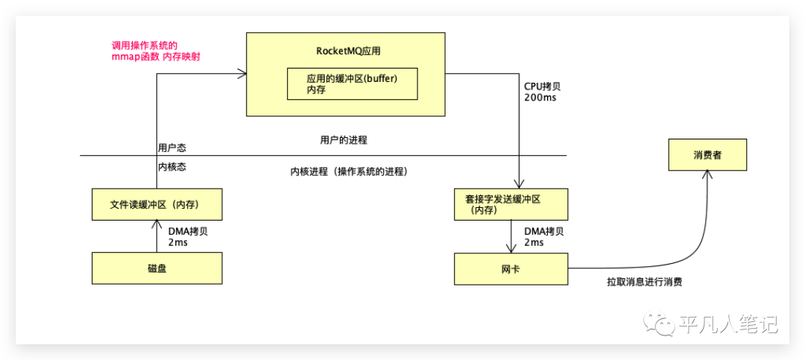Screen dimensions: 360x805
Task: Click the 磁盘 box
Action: pyautogui.click(x=157, y=268)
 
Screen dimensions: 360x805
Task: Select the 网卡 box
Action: pyautogui.click(x=511, y=268)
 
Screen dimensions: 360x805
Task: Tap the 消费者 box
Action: pyautogui.click(x=707, y=156)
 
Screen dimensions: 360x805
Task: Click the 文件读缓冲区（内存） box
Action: pyautogui.click(x=157, y=203)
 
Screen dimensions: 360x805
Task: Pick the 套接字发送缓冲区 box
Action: pyautogui.click(x=511, y=203)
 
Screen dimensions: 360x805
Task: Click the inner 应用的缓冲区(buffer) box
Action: pyautogui.click(x=352, y=83)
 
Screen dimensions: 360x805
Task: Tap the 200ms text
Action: pyautogui.click(x=540, y=98)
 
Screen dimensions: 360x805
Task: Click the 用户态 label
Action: pyautogui.click(x=171, y=147)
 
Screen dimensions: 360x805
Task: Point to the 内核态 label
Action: pyautogui.click(x=171, y=167)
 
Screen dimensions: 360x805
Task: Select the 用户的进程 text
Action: pyautogui.click(x=344, y=139)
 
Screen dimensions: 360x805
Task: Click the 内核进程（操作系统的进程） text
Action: pyautogui.click(x=348, y=171)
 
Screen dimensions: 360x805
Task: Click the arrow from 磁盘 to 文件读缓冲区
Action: pyautogui.click(x=157, y=236)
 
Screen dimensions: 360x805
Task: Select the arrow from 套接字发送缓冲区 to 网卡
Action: pyautogui.click(x=511, y=237)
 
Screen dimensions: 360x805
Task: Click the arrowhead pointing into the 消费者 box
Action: pyautogui.click(x=707, y=174)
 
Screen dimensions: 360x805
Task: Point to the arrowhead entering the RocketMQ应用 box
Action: pyautogui.click(x=241, y=73)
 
